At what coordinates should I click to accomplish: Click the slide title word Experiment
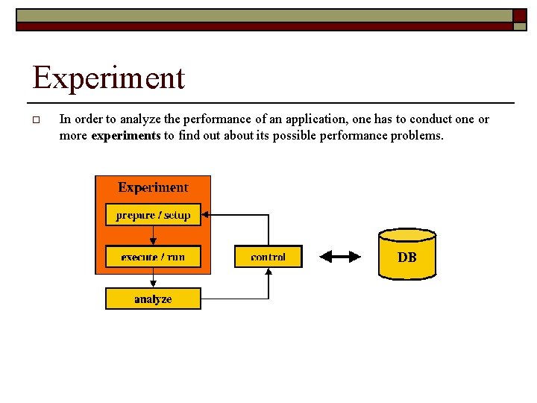pyautogui.click(x=109, y=78)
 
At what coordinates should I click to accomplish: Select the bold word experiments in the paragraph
pyautogui.click(x=125, y=136)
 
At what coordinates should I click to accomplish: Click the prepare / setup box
pyautogui.click(x=153, y=216)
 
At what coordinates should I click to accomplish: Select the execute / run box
pyautogui.click(x=153, y=257)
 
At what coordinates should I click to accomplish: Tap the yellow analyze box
pyautogui.click(x=153, y=299)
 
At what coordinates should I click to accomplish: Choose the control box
pyautogui.click(x=268, y=257)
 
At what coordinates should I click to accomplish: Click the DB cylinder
pyautogui.click(x=407, y=254)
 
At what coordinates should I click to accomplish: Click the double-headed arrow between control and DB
pyautogui.click(x=340, y=257)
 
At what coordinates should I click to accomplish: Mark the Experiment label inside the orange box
pyautogui.click(x=153, y=188)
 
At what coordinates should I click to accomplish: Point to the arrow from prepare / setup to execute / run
pyautogui.click(x=153, y=236)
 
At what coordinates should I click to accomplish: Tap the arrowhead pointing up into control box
pyautogui.click(x=268, y=271)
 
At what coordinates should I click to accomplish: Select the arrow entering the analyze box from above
pyautogui.click(x=153, y=281)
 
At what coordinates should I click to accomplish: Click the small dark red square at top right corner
pyautogui.click(x=520, y=16)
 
